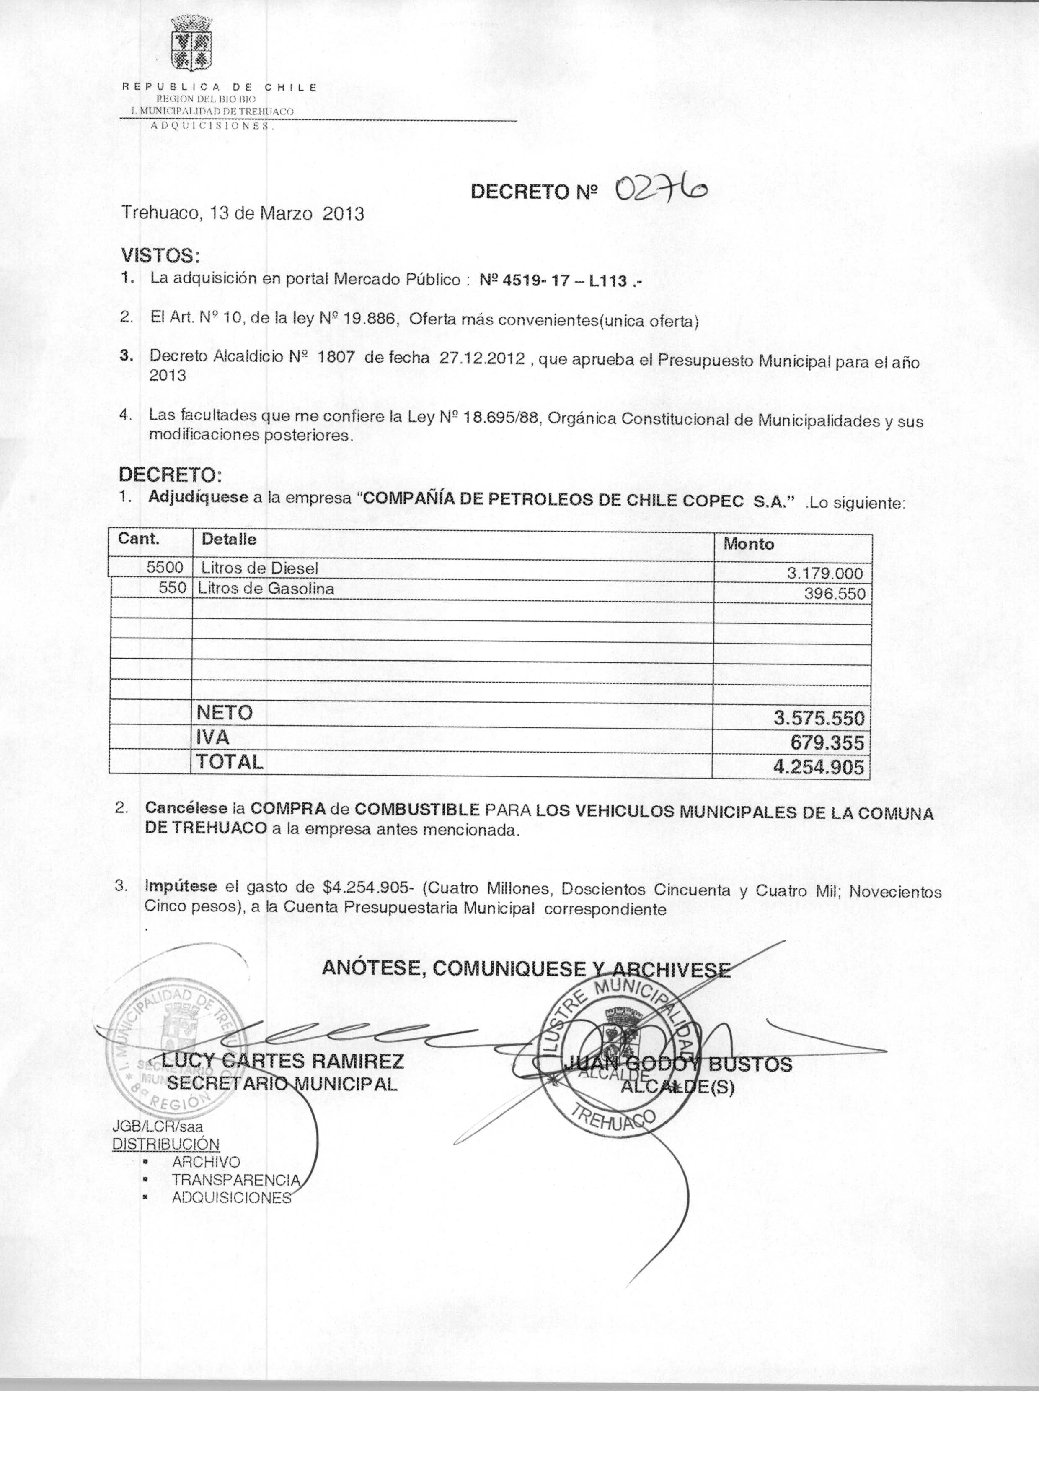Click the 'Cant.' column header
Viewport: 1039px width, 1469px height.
pyautogui.click(x=139, y=539)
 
